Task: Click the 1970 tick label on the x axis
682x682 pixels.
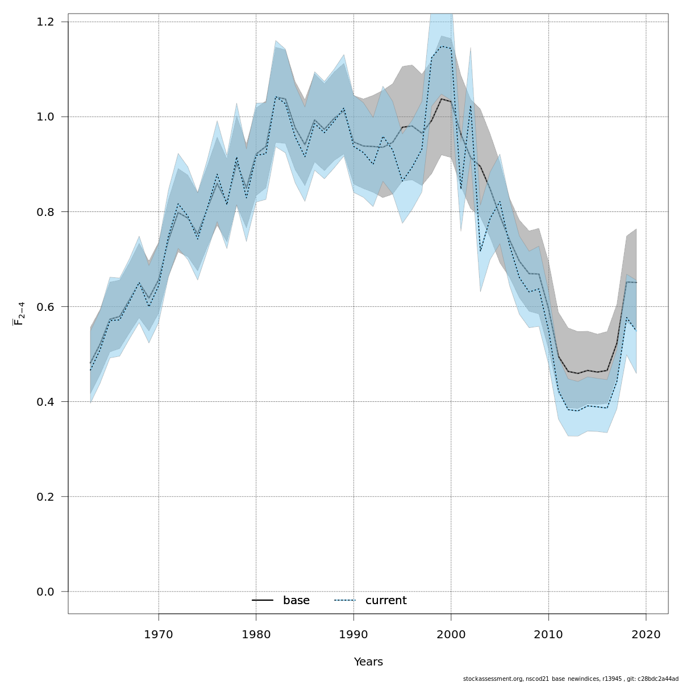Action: click(159, 634)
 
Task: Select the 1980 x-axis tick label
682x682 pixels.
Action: click(256, 634)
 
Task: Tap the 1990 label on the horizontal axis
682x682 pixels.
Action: click(354, 634)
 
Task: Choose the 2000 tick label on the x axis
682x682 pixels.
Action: click(451, 634)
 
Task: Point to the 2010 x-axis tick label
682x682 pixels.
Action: click(549, 634)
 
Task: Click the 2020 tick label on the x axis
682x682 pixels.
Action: click(646, 634)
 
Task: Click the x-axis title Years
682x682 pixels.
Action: click(368, 662)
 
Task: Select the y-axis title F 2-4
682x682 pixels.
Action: click(19, 314)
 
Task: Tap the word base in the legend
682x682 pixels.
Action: click(296, 601)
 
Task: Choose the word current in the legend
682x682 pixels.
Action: click(386, 601)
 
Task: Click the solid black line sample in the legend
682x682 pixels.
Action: click(263, 601)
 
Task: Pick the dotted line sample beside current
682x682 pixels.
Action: click(344, 601)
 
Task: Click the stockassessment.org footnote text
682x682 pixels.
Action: click(571, 679)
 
